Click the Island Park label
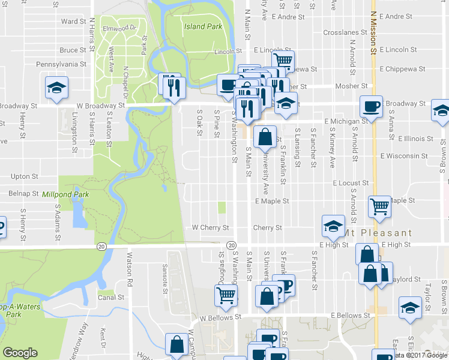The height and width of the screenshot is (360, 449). (x=203, y=26)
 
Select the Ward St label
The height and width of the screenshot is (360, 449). (x=74, y=21)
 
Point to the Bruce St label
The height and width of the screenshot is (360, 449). (x=73, y=50)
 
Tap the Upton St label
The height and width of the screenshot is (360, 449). (x=25, y=177)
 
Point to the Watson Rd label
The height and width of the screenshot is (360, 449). (x=128, y=265)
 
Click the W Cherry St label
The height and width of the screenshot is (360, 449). (x=210, y=228)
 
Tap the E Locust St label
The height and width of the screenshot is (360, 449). (x=348, y=182)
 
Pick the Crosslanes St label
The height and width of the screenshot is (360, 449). (x=345, y=32)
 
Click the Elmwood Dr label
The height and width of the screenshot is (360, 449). (x=121, y=28)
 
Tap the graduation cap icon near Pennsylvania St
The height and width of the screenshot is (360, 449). (x=57, y=88)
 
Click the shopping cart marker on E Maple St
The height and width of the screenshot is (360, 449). (x=380, y=207)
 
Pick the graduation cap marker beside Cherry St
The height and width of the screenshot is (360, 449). (x=333, y=226)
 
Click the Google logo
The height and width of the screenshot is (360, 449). (x=20, y=353)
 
